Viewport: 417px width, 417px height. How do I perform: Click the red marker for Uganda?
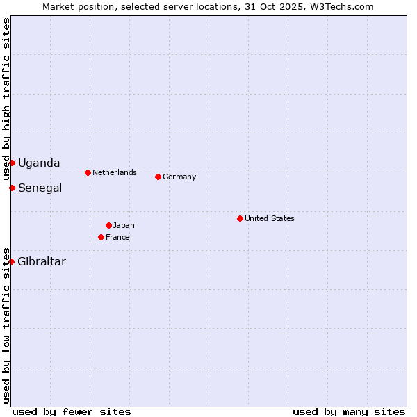tap(12, 163)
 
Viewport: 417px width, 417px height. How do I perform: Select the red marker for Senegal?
tap(12, 188)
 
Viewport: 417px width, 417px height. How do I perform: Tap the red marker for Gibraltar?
tap(12, 261)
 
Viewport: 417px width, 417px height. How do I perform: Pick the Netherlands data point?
tap(88, 172)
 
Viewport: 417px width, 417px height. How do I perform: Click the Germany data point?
tap(158, 177)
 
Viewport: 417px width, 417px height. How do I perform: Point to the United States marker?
tap(240, 218)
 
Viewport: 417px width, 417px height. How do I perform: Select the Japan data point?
tap(108, 225)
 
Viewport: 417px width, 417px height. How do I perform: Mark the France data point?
tap(101, 237)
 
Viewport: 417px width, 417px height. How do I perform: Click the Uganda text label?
tap(39, 163)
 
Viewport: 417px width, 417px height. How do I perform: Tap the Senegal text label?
tap(40, 188)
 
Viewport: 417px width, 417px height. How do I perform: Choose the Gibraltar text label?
tap(42, 261)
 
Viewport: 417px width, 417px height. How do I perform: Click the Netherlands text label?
tap(115, 172)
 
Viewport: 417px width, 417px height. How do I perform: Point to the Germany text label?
tap(179, 177)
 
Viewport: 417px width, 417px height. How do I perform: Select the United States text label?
tap(270, 218)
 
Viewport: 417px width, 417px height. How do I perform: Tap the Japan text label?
tap(124, 225)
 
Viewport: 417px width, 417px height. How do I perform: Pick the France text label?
tap(117, 237)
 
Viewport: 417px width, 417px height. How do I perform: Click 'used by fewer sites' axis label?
tap(72, 411)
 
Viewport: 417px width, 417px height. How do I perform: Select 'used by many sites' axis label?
tap(349, 411)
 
